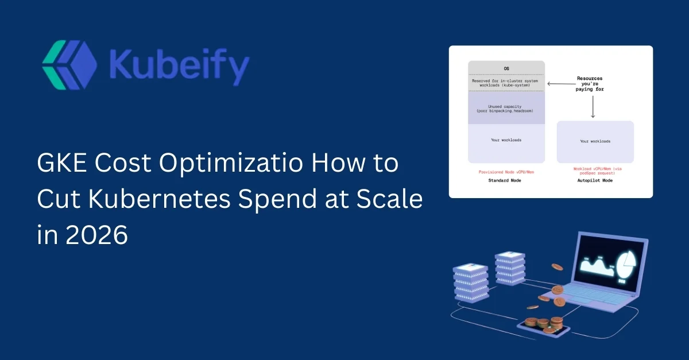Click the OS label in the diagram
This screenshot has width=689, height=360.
[x=506, y=68]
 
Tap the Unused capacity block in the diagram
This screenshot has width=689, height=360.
[x=506, y=108]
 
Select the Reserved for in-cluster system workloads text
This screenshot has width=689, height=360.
[x=506, y=83]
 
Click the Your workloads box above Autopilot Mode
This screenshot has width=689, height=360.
[x=595, y=141]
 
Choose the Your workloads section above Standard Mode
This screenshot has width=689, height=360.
[x=506, y=140]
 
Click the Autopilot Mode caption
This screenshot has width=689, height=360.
[x=595, y=181]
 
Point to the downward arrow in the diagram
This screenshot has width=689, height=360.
[x=593, y=107]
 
